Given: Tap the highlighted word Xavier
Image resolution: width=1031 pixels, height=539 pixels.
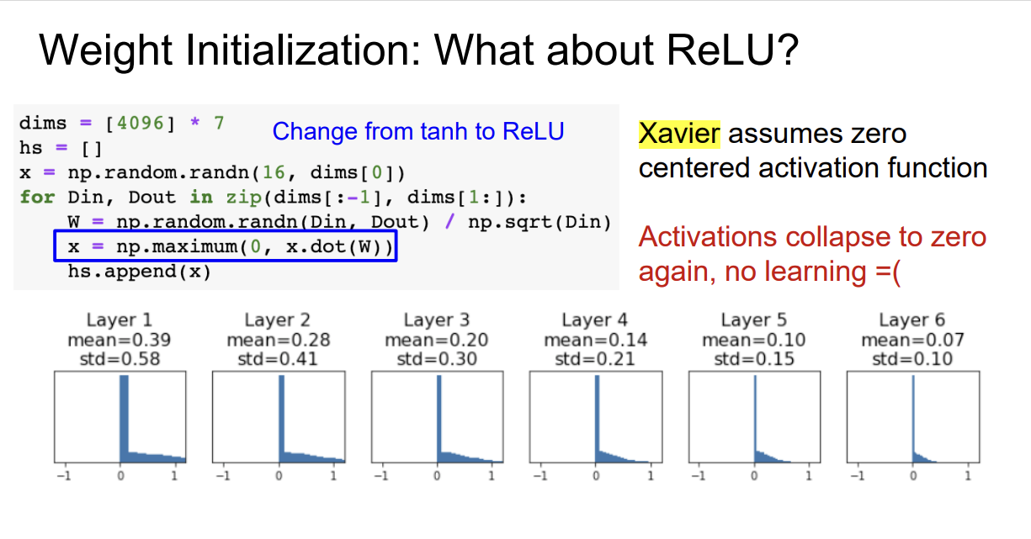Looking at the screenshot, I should tap(679, 134).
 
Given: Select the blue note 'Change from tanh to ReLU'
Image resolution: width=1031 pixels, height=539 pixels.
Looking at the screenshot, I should tap(417, 132).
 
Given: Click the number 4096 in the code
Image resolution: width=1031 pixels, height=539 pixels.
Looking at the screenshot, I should tap(141, 124).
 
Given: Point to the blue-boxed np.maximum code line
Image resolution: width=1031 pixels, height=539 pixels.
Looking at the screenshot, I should tap(226, 248).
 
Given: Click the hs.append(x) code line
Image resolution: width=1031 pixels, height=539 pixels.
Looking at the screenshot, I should tap(139, 272).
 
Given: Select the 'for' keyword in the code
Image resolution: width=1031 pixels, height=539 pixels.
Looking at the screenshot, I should tap(37, 198).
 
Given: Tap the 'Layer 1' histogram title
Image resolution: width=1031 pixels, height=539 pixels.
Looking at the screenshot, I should tap(119, 320).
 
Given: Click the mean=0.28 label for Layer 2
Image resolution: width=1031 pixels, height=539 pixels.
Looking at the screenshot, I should tap(278, 340).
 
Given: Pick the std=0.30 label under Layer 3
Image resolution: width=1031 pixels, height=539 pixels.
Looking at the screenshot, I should tap(436, 359).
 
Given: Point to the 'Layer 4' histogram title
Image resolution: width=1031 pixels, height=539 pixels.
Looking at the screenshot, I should tap(595, 320).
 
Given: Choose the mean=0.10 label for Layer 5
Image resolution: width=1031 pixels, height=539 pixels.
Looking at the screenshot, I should tap(753, 340).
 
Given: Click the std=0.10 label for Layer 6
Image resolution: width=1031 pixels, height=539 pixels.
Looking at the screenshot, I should tap(912, 359).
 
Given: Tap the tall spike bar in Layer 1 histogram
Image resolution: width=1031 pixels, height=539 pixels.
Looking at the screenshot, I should tap(124, 416).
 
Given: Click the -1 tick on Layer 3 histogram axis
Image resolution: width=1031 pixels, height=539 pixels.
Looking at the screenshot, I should tap(380, 476).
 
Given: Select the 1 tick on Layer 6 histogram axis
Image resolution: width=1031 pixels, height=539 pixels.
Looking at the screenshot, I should tap(968, 476).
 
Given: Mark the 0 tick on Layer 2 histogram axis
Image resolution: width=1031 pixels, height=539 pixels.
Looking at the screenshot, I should tap(279, 476).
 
